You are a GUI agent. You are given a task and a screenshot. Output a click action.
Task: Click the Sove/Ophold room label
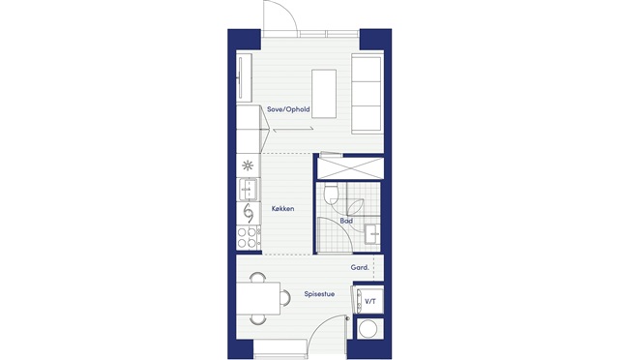pyautogui.click(x=288, y=109)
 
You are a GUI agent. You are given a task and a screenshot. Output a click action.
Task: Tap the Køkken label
pyautogui.click(x=283, y=209)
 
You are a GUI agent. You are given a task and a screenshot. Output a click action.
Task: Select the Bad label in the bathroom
pyautogui.click(x=346, y=221)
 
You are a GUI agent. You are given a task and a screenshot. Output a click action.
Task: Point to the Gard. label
pyautogui.click(x=360, y=267)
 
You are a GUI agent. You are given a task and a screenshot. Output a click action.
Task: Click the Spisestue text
pyautogui.click(x=319, y=294)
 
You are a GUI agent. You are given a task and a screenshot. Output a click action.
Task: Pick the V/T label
pyautogui.click(x=370, y=302)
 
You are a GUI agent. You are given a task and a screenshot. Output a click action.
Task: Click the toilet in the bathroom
pyautogui.click(x=330, y=194)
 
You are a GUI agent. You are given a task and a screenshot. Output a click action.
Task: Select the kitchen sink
pyautogui.click(x=249, y=190)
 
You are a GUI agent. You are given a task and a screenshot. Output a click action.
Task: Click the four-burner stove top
pyautogui.click(x=249, y=237)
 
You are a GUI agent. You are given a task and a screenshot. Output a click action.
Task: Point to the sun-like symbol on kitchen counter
pyautogui.click(x=248, y=165)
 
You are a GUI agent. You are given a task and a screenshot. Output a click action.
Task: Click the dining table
pyautogui.click(x=258, y=298)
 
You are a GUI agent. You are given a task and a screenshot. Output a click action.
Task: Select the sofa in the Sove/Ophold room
pyautogui.click(x=368, y=93)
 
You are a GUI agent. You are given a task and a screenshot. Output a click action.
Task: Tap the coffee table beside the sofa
pyautogui.click(x=324, y=94)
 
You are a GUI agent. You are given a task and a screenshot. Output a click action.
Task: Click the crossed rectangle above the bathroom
pyautogui.click(x=350, y=167)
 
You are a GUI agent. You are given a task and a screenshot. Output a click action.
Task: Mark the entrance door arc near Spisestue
pyautogui.click(x=322, y=325)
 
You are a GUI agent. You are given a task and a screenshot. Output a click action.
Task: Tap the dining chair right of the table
pyautogui.click(x=285, y=297)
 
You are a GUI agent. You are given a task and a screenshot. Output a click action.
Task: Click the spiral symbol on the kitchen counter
pyautogui.click(x=249, y=214)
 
